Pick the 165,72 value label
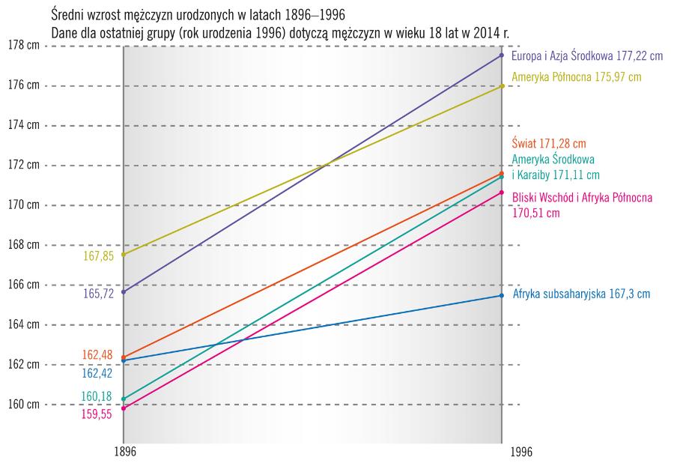click(x=98, y=294)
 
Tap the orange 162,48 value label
click(x=98, y=354)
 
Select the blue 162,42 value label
click(x=98, y=372)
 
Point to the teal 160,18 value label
click(x=98, y=396)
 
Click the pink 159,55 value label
click(x=98, y=414)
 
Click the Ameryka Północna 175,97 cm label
click(x=576, y=77)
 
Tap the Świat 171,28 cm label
click(x=548, y=143)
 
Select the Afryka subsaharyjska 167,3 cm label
click(x=581, y=294)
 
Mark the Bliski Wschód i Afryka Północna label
click(x=582, y=199)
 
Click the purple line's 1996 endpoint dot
click(x=502, y=55)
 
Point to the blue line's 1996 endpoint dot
click(x=502, y=296)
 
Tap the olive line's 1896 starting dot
click(x=124, y=254)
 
